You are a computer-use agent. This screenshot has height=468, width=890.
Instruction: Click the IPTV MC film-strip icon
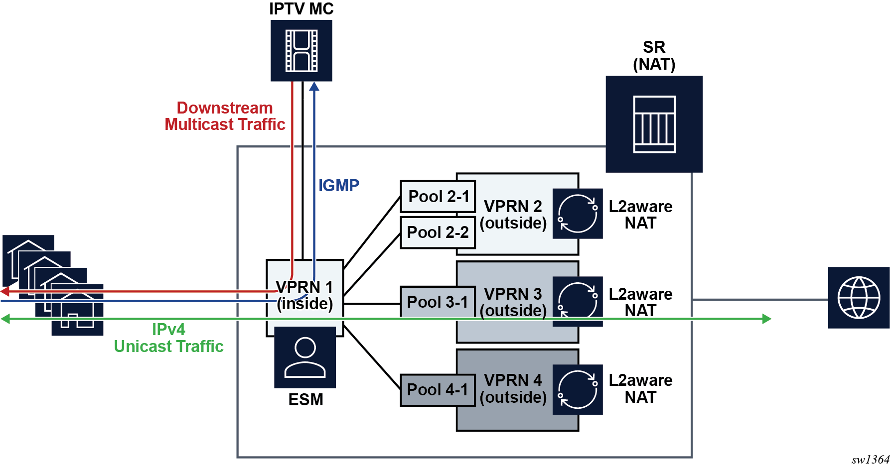(x=301, y=51)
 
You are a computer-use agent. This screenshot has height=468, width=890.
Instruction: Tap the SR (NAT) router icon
(x=654, y=124)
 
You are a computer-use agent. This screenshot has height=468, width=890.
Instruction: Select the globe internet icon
(x=859, y=298)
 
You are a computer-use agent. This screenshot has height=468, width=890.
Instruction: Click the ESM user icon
(x=305, y=357)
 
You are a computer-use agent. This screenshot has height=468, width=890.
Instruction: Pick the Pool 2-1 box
(x=438, y=197)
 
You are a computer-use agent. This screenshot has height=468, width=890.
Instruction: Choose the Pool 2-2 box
(x=438, y=233)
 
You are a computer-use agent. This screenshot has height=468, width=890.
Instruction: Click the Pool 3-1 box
(x=438, y=302)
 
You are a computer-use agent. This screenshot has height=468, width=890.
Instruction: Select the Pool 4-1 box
(x=438, y=390)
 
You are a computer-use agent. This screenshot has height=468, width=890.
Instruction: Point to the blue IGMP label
(x=339, y=186)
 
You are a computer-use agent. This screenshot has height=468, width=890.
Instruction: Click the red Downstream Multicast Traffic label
(x=225, y=116)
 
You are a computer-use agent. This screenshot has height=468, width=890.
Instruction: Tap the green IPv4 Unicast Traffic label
(x=168, y=338)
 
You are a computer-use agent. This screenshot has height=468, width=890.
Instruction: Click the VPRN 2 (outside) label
(x=513, y=215)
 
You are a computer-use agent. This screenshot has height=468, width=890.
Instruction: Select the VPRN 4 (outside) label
(x=513, y=389)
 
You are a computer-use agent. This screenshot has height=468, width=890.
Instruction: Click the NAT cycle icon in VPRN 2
(x=578, y=214)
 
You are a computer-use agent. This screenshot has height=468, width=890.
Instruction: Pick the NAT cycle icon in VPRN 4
(x=578, y=389)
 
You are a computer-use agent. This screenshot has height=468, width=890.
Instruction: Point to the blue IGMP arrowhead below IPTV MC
(x=314, y=87)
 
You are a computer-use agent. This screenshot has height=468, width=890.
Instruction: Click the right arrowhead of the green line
(x=767, y=319)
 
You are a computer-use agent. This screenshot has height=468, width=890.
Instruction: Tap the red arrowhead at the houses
(x=4, y=291)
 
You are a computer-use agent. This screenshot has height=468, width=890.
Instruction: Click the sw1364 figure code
(x=870, y=460)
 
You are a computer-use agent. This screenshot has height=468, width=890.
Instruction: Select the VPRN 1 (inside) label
(x=304, y=295)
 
